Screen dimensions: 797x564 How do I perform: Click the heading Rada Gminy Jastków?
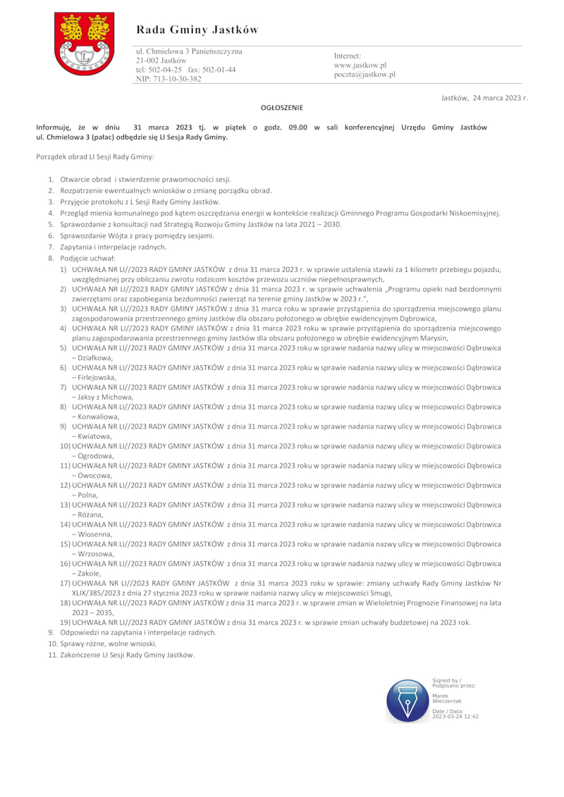[x=197, y=30]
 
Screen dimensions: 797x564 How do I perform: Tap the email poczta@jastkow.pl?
[x=364, y=74]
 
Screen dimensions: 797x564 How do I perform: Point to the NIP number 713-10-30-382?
[x=168, y=80]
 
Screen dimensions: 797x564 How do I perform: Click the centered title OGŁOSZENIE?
[x=282, y=108]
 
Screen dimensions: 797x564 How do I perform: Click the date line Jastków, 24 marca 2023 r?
[x=484, y=98]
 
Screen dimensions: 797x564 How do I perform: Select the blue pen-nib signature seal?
[x=407, y=701]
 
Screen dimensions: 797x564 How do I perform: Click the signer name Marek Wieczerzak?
[x=446, y=698]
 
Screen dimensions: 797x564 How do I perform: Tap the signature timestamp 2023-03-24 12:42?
[x=455, y=716]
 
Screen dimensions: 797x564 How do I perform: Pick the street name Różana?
[x=91, y=515]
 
